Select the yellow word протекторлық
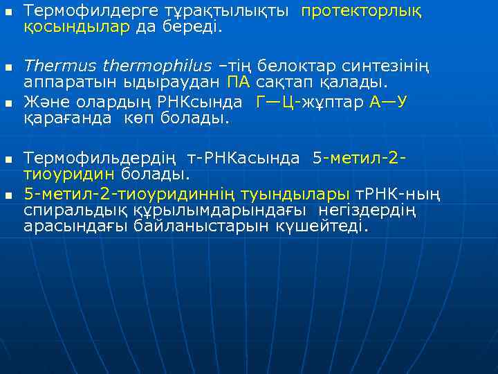click(361, 12)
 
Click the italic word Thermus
click(60, 66)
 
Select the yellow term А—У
click(389, 102)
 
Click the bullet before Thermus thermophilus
click(8, 67)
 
